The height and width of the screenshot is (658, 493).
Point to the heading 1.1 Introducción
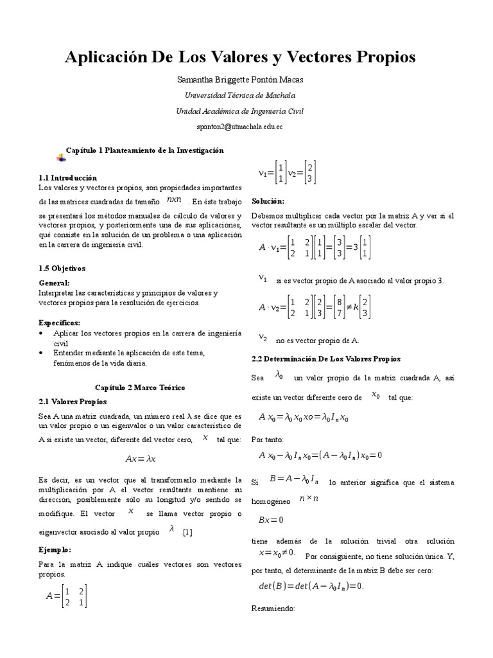tap(67, 177)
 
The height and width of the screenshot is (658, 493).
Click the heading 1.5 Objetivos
tap(62, 268)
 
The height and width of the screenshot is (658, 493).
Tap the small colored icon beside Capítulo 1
tap(60, 157)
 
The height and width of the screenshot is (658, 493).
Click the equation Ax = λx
tap(141, 459)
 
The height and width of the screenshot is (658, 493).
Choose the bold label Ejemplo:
tap(55, 550)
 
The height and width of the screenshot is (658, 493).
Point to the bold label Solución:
tap(268, 201)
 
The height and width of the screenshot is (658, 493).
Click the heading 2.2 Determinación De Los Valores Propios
tap(325, 359)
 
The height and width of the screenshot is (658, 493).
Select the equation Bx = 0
tap(271, 520)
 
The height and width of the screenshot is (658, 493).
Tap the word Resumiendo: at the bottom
tap(273, 608)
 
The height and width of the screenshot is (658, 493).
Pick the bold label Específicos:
tap(60, 323)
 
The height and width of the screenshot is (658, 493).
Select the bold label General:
tap(54, 283)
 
